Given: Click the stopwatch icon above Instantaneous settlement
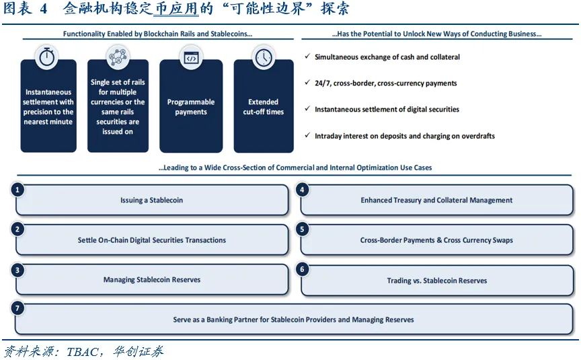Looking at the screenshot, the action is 46,57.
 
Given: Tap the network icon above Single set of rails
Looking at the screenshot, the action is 118,57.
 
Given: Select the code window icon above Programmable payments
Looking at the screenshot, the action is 191,57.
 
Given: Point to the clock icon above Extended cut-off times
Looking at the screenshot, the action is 264,57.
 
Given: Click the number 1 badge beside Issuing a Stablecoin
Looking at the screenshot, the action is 17,190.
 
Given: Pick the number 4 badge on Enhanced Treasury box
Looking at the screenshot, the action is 302,190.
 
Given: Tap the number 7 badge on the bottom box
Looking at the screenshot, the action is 17,308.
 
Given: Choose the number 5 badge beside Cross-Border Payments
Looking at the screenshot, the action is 302,229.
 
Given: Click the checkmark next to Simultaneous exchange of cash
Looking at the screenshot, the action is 307,56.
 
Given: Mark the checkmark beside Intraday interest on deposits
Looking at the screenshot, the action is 307,135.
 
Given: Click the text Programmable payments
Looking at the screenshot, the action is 191,107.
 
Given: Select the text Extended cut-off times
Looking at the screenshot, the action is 264,107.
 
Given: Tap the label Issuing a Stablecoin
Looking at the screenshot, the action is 151,201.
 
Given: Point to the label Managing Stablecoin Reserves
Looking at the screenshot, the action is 152,279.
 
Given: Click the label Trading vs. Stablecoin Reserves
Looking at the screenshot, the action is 437,281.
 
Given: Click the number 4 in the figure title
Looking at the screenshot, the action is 43,9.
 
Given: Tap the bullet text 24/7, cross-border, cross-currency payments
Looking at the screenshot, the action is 386,83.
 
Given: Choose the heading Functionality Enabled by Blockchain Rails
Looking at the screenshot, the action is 157,34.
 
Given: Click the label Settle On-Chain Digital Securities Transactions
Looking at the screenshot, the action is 151,240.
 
